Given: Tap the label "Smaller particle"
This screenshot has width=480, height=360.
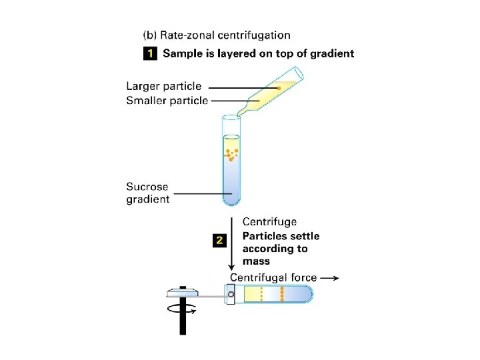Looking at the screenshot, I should click(167, 101).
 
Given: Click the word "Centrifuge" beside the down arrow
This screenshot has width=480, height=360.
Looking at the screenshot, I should click(269, 222).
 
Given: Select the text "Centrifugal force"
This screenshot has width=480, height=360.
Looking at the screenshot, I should click(273, 277).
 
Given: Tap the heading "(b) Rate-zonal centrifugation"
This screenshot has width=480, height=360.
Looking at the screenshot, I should click(217, 35).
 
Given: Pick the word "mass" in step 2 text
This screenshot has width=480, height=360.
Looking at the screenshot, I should click(257, 261).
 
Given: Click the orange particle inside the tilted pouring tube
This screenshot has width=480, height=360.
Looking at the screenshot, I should click(279, 88).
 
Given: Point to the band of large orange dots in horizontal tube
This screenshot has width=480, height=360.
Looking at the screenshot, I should click(283, 294).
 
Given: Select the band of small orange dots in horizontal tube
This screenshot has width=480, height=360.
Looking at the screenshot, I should click(262, 294).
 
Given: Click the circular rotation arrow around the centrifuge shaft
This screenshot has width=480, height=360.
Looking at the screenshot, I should click(182, 309).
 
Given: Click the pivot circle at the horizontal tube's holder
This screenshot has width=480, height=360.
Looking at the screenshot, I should click(231, 294).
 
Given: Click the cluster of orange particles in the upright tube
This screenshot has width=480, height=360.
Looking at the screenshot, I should click(231, 155).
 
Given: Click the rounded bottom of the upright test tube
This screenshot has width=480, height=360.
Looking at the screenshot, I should click(231, 200).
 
